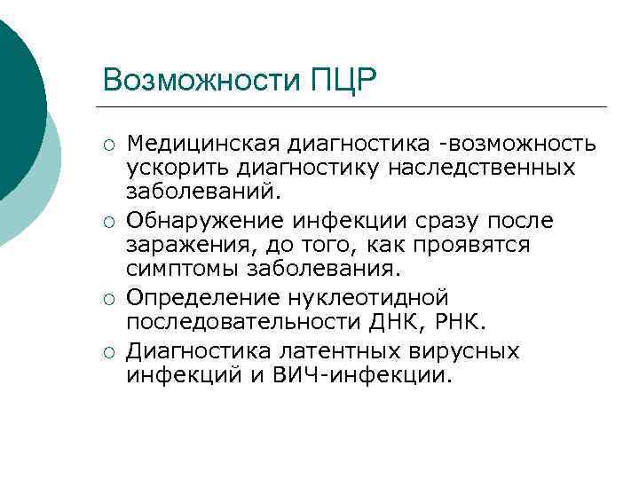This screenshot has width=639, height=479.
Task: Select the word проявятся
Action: pyautogui.click(x=479, y=244)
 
